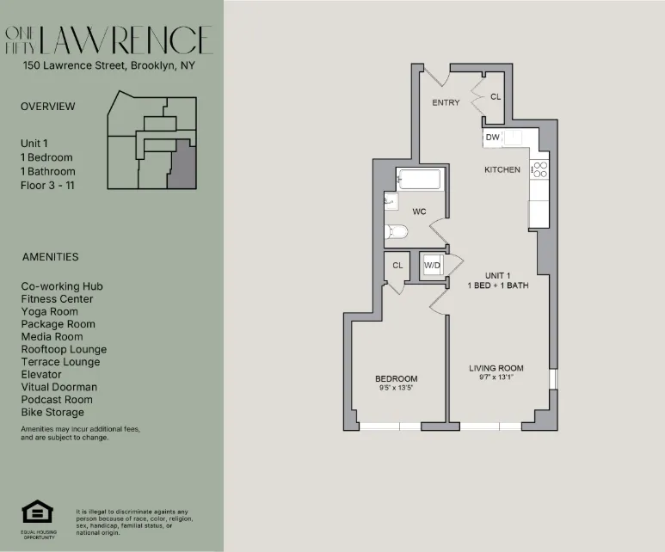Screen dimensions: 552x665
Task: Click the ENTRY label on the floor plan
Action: [x=446, y=102]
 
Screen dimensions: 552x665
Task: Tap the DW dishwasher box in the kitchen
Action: [x=492, y=137]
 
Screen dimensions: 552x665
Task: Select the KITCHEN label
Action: [x=502, y=169]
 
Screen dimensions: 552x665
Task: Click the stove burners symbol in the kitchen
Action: [x=539, y=169]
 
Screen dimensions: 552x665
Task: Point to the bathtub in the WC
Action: [x=419, y=180]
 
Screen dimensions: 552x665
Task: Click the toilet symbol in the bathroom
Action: [x=397, y=231]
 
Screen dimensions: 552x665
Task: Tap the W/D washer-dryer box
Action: [x=431, y=265]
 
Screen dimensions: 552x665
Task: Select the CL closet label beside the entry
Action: [x=495, y=97]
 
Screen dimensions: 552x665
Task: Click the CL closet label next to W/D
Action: [x=397, y=266]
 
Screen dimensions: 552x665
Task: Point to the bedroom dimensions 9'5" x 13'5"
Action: [x=396, y=389]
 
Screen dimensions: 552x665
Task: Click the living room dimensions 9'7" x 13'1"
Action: [x=496, y=378]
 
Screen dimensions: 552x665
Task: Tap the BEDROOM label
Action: [x=396, y=378]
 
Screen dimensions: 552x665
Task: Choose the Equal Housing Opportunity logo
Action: [x=37, y=514]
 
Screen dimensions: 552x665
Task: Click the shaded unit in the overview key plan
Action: [x=181, y=167]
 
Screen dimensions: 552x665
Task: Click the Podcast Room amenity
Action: [x=54, y=400]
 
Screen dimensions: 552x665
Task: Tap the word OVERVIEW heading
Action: [x=48, y=107]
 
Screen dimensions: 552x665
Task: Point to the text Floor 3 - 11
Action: [x=47, y=185]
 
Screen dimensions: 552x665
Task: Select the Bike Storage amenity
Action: [x=52, y=413]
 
